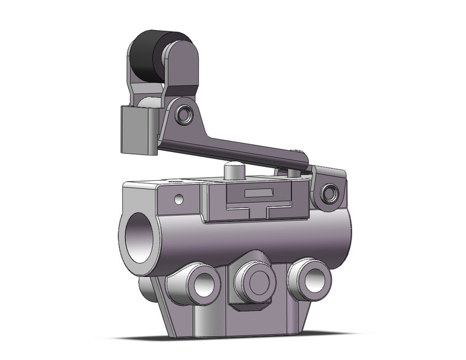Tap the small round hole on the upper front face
(x=178, y=199)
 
